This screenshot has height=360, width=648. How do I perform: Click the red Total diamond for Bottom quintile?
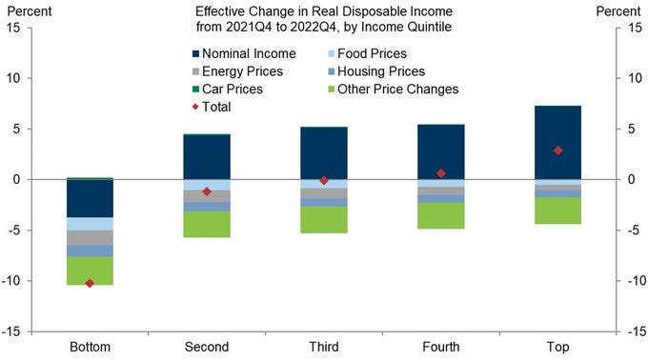click(x=91, y=283)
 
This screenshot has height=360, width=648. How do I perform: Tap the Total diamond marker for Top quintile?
click(x=557, y=150)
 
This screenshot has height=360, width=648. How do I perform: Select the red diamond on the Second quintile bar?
click(x=207, y=191)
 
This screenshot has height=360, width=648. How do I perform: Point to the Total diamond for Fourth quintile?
click(x=440, y=173)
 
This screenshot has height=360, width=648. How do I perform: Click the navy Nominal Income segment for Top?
click(x=557, y=142)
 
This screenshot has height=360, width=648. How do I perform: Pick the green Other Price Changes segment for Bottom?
click(x=91, y=270)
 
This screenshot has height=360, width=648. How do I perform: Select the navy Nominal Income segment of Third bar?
click(x=324, y=153)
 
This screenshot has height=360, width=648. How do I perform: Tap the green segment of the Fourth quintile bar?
click(x=440, y=215)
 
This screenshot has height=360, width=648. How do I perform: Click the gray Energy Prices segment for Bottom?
click(x=91, y=237)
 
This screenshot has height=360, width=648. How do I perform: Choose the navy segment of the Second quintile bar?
click(x=207, y=157)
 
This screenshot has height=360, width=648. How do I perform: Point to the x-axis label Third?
click(x=324, y=347)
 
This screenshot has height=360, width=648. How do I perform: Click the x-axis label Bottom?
click(x=91, y=347)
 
